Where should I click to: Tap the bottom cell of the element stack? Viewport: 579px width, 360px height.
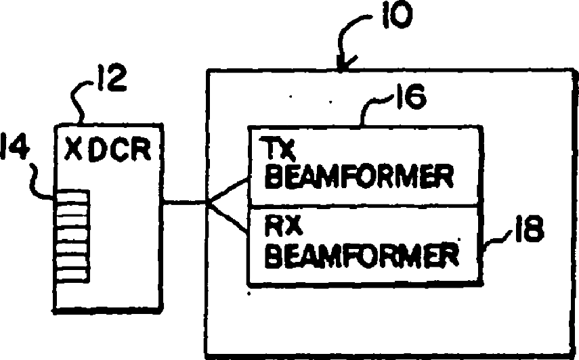73,275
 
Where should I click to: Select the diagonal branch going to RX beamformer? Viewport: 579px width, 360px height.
230,217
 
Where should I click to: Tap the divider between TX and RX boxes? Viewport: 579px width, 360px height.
366,205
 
